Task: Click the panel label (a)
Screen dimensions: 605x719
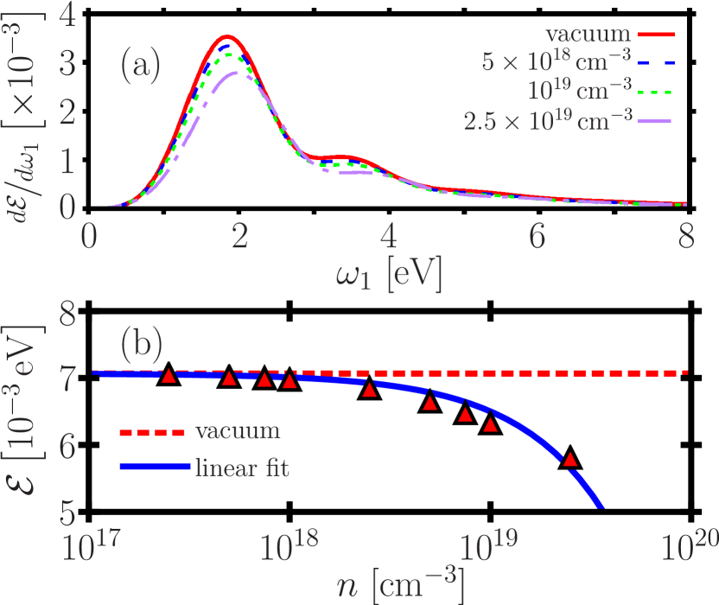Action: click(140, 66)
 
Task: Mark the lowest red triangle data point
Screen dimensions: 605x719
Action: click(570, 459)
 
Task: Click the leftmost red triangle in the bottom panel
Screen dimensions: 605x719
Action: click(169, 375)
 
